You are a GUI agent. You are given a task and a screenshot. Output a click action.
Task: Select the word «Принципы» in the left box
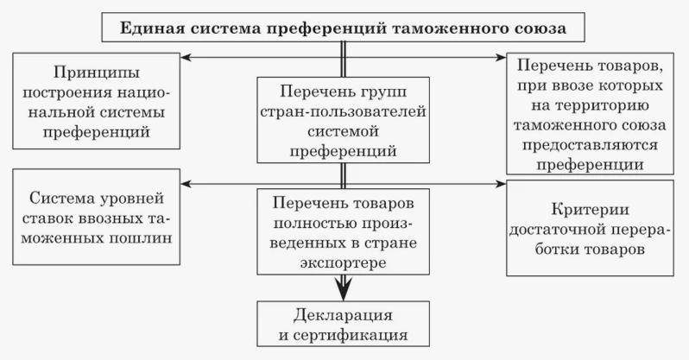[x=97, y=70]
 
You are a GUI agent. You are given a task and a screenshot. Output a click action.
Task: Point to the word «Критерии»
[x=591, y=210]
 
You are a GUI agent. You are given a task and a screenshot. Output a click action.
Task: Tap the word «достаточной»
[x=559, y=231]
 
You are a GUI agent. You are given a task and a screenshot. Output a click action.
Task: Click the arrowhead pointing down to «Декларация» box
[x=344, y=291]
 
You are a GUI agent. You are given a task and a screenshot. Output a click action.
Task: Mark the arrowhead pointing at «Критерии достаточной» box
[x=501, y=184]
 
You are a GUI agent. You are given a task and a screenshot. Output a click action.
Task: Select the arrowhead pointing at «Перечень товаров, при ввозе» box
[x=501, y=58]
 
